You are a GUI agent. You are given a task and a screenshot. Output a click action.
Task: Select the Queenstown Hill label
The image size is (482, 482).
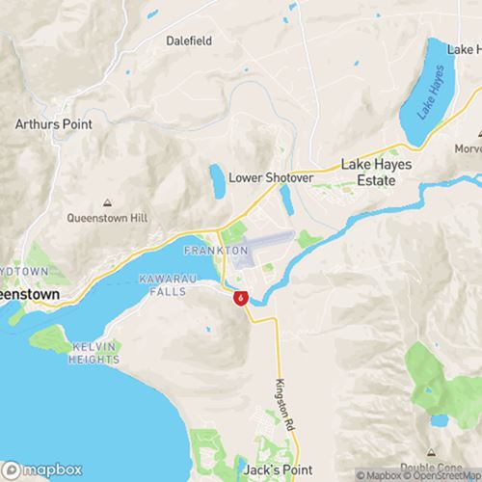tap(106, 218)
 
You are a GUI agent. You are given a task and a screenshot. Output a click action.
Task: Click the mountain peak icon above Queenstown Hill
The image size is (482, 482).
tap(106, 202)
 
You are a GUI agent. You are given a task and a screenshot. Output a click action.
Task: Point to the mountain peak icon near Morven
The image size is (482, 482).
tap(461, 148)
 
